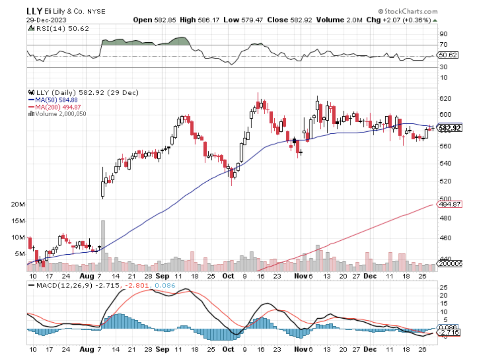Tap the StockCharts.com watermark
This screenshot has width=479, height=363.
407,11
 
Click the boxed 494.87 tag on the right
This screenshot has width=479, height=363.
448,204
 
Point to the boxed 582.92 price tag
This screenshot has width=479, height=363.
448,128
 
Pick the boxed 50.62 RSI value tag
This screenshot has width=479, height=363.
448,55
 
